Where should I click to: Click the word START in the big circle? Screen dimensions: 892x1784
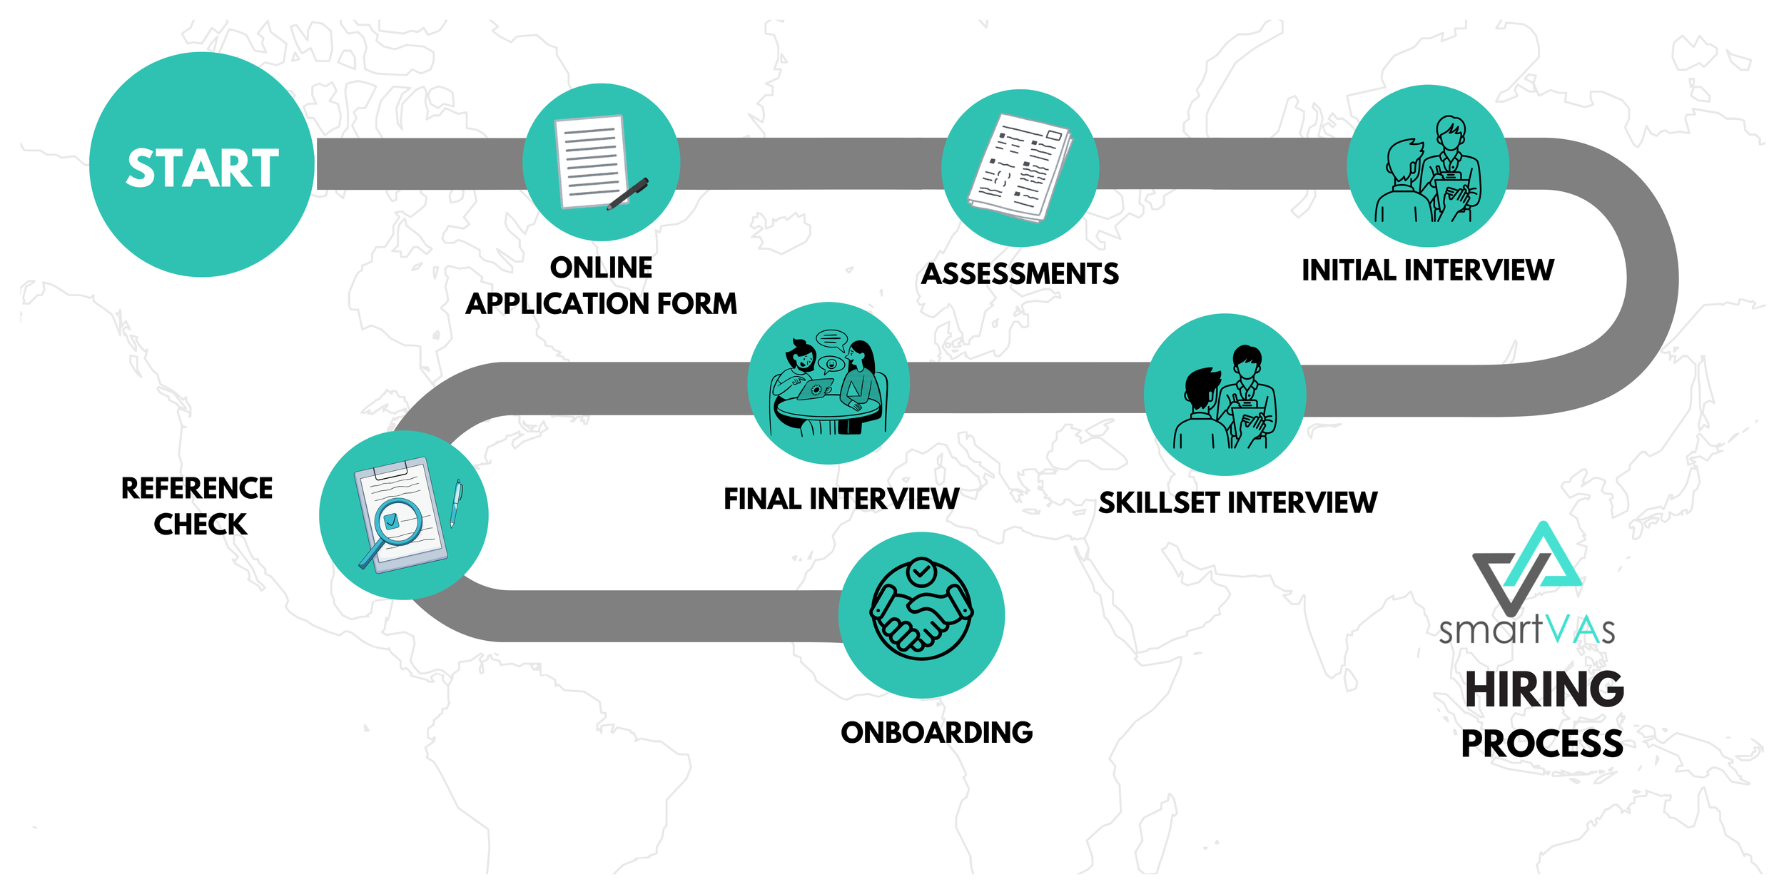point(202,168)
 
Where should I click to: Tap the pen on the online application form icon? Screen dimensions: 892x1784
point(628,193)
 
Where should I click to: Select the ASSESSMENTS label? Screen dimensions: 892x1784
point(1020,274)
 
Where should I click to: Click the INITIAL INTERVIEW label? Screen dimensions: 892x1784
point(1427,270)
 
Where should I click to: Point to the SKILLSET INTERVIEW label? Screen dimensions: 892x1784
point(1237,503)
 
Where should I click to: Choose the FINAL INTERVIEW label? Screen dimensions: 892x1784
point(841,499)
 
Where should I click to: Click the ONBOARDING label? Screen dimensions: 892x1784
point(936,733)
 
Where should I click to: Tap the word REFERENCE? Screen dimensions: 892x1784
point(197,489)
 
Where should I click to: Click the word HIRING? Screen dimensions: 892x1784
point(1544,689)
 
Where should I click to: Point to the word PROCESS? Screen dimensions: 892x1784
point(1541,744)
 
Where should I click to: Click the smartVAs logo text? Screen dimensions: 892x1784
point(1526,631)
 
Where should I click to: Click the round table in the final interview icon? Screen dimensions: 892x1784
point(828,410)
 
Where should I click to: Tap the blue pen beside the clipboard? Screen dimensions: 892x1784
point(455,503)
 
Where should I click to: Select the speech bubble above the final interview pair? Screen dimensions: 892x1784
point(831,338)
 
